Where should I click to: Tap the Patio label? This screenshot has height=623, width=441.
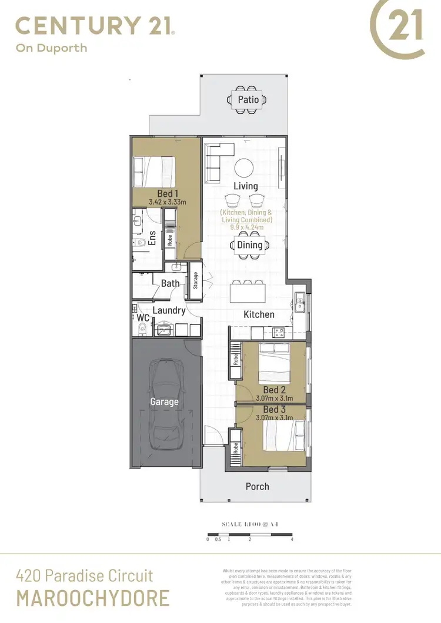pos(248,99)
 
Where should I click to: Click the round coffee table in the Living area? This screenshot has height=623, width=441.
pos(245,167)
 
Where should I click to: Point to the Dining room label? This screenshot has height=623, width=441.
pos(249,245)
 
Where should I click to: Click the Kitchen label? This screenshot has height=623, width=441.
pos(259,314)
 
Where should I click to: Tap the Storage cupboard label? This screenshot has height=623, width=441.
pos(195,280)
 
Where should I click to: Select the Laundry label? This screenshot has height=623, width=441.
pos(169,310)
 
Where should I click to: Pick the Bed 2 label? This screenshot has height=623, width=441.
pos(275,390)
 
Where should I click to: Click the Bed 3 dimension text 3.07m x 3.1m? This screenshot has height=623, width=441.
pos(275,418)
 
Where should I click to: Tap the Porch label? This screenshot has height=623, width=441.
pos(257,486)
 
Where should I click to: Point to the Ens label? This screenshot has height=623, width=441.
pos(152,237)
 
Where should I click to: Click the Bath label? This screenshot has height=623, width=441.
pos(171,283)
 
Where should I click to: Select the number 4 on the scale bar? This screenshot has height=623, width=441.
pos(292,538)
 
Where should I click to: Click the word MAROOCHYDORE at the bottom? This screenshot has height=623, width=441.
pos(93,598)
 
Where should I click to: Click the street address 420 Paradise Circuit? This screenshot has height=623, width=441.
pos(85,575)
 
